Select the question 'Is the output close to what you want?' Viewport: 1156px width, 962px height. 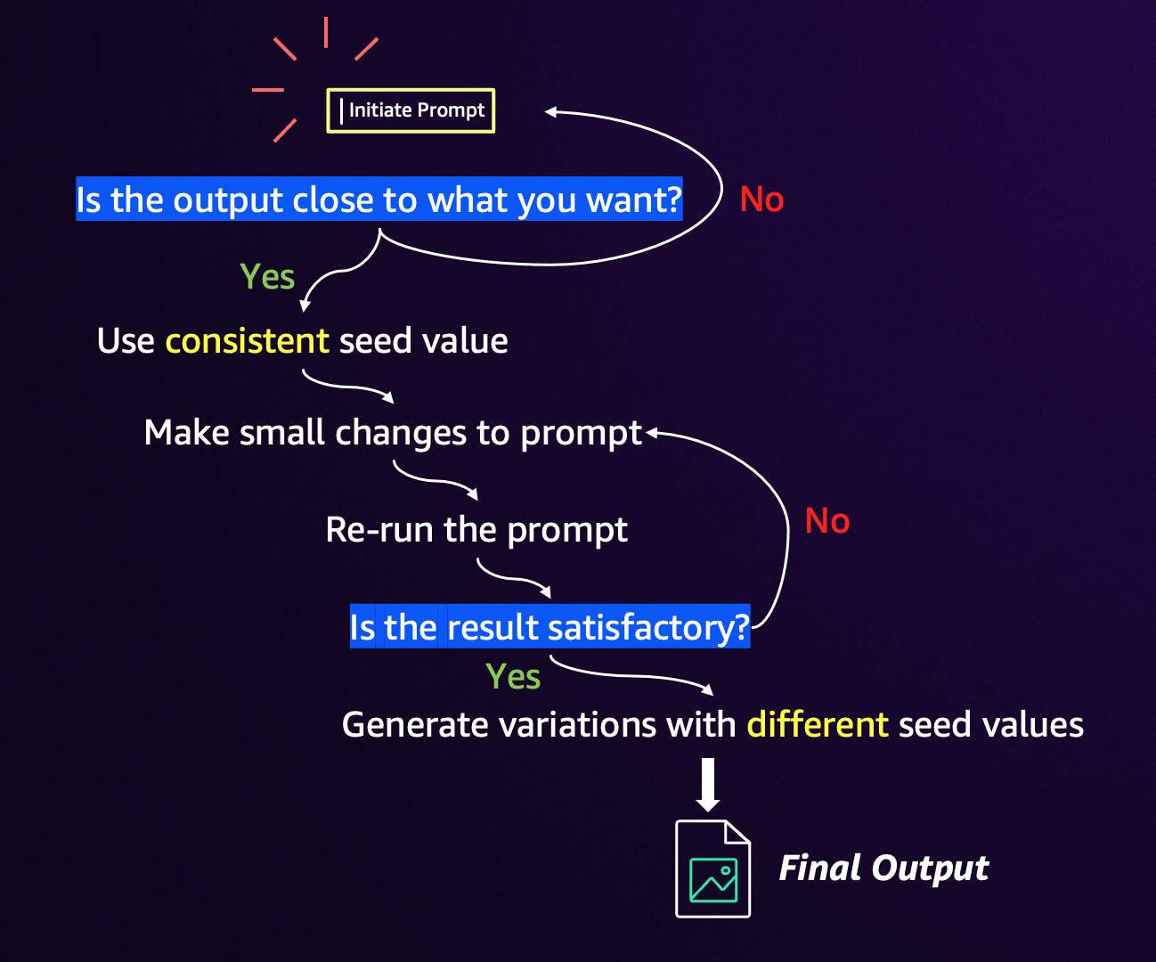pos(379,199)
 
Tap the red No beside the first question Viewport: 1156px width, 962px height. pos(761,199)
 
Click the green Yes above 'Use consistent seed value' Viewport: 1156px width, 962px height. pos(267,276)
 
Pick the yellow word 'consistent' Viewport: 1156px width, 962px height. pos(248,340)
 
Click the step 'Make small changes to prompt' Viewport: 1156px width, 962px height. pos(393,433)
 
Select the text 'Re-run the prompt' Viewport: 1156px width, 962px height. pos(476,531)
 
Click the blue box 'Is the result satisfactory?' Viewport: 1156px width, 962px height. pos(550,626)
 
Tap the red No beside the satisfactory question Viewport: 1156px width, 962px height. pos(827,520)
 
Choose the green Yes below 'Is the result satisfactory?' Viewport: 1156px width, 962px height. pos(513,676)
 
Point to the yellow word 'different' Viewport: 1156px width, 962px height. pos(818,724)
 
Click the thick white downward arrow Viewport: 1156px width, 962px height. pos(707,785)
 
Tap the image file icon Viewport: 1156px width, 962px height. pos(713,868)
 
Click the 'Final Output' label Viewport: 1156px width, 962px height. pos(883,868)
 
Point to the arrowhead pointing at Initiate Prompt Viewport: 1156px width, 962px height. pos(550,112)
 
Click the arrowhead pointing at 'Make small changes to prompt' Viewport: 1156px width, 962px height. pos(652,433)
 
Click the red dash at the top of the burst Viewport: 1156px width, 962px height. pos(326,32)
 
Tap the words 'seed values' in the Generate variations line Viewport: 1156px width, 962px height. pos(991,724)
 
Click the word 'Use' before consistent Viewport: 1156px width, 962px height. pos(126,340)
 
